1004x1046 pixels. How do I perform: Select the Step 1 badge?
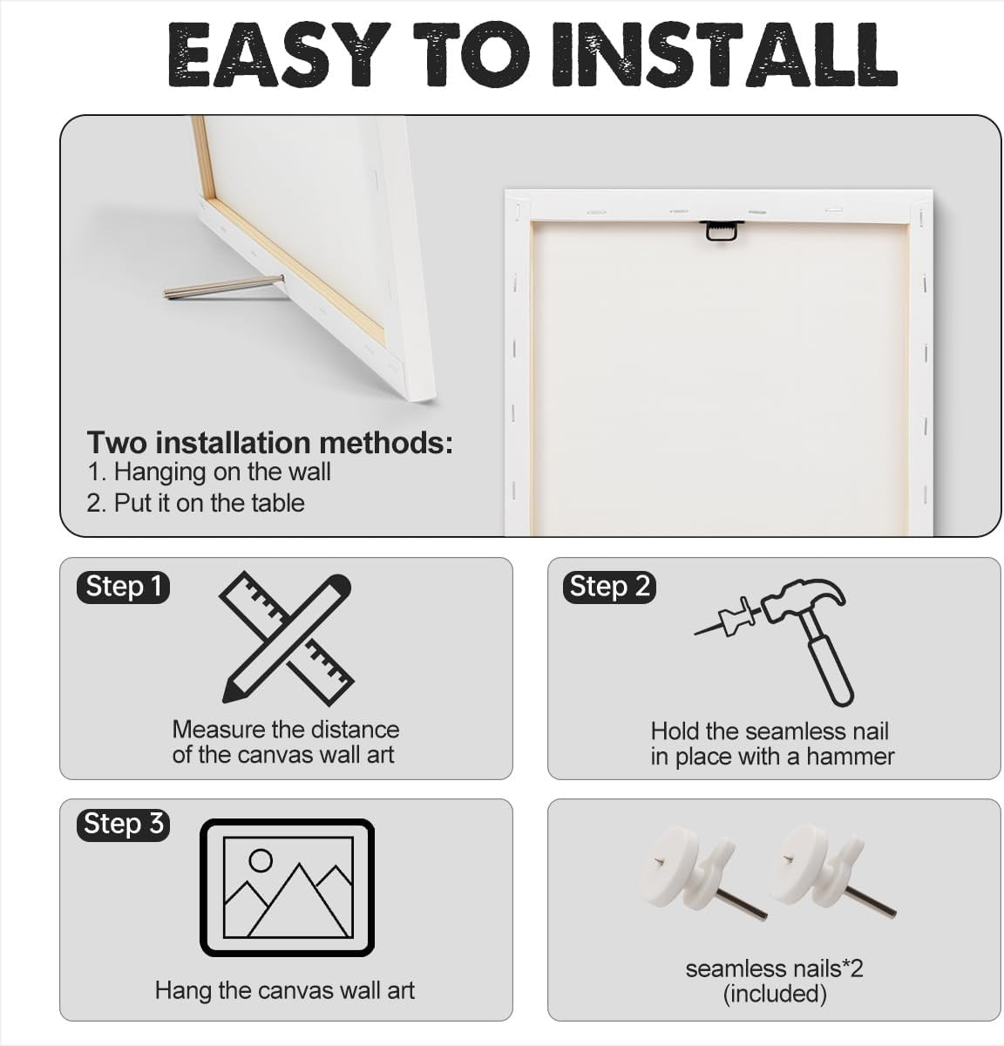point(124,587)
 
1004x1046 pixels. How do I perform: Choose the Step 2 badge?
point(609,587)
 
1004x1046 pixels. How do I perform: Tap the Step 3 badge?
point(124,824)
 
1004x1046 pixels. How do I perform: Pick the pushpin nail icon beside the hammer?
point(726,619)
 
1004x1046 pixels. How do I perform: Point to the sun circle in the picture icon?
point(261,860)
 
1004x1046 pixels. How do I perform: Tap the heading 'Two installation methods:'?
point(270,443)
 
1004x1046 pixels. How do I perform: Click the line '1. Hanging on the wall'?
point(208,472)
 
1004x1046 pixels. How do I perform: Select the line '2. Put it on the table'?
point(195,503)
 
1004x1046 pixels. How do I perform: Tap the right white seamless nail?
point(828,872)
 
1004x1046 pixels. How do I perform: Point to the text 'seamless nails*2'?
point(775,969)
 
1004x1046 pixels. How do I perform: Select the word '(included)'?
point(775,995)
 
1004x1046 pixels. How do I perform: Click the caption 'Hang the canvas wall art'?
point(285,990)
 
